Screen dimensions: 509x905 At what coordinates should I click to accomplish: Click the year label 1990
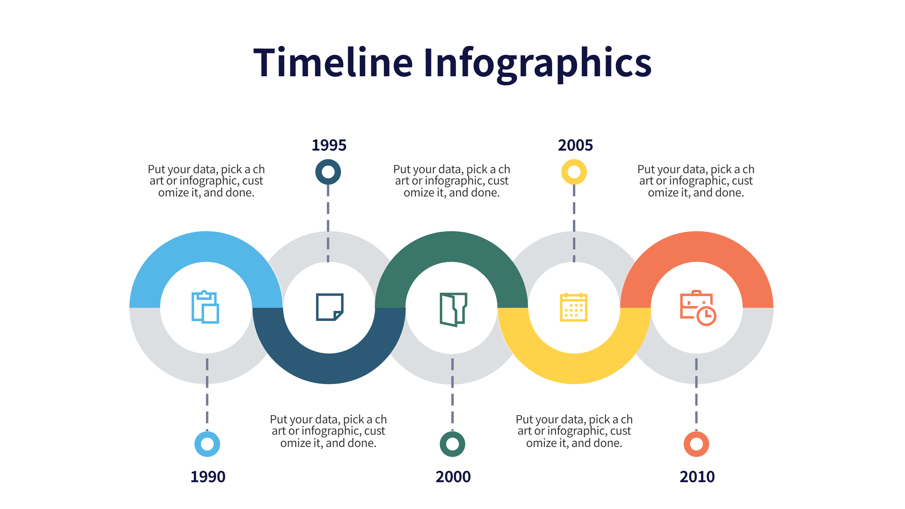[208, 477]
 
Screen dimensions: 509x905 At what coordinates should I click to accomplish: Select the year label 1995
[329, 145]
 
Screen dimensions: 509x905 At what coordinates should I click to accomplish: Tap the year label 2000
[453, 477]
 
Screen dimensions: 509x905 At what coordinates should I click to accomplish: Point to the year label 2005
[575, 145]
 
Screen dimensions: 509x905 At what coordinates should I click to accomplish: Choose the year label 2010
[697, 477]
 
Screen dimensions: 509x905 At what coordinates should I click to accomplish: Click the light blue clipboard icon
[205, 307]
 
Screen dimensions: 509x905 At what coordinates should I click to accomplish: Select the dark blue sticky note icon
[329, 307]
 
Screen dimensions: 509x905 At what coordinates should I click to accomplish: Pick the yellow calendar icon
[573, 307]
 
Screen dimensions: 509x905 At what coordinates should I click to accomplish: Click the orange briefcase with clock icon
[698, 308]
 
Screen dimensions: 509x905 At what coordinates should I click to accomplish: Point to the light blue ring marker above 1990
[207, 444]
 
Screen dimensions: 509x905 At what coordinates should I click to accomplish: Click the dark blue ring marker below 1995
[328, 172]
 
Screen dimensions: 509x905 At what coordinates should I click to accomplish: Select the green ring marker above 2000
[452, 444]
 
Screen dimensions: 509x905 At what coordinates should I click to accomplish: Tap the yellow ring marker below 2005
[574, 172]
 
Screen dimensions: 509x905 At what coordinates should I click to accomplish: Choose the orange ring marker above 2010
[696, 444]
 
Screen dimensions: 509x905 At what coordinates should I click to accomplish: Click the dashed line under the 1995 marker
[328, 225]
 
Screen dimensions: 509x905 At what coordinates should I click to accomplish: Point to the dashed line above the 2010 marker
[696, 393]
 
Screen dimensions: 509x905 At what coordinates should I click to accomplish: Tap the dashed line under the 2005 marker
[574, 225]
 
